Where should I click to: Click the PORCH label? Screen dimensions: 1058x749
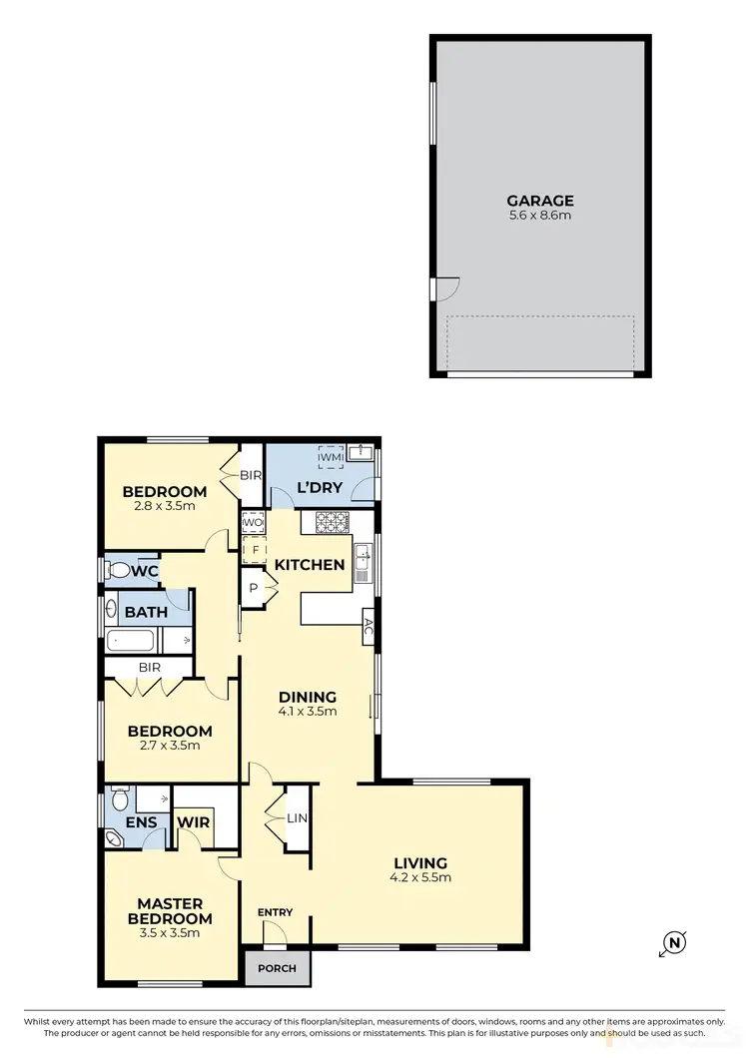[278, 966]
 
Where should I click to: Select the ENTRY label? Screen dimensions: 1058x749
[275, 912]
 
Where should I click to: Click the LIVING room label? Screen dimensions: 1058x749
[419, 863]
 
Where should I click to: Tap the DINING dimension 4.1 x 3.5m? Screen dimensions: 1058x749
[307, 712]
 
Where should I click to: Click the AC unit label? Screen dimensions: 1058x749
[368, 627]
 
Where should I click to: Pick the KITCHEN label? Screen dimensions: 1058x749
[310, 565]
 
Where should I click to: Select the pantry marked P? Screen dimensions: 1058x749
[254, 589]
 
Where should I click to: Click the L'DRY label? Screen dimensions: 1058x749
[321, 488]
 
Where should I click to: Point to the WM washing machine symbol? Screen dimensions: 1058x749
[330, 457]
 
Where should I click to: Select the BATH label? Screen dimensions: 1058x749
[146, 611]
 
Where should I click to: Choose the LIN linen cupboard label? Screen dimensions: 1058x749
[298, 817]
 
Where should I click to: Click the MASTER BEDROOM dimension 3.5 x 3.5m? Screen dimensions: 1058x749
[175, 933]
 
